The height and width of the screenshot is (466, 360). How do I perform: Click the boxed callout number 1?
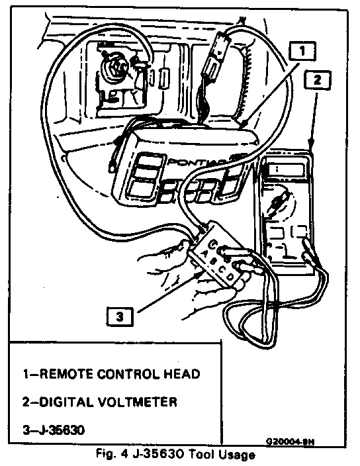(302, 51)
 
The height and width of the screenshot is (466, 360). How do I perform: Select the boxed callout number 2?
(317, 79)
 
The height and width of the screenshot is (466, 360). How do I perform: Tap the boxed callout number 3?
(119, 316)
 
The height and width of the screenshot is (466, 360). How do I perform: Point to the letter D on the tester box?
(230, 277)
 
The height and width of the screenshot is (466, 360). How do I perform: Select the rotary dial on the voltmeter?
(279, 205)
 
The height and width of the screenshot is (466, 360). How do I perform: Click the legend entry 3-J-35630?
(54, 430)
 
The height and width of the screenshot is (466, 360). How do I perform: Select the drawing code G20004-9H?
(290, 442)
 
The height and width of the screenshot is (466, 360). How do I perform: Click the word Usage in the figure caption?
(237, 455)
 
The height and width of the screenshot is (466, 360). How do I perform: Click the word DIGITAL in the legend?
(66, 402)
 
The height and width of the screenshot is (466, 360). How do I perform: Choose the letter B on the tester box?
(213, 262)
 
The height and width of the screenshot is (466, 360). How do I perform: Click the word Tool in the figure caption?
(201, 454)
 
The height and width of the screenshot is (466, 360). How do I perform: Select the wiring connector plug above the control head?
(215, 56)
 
